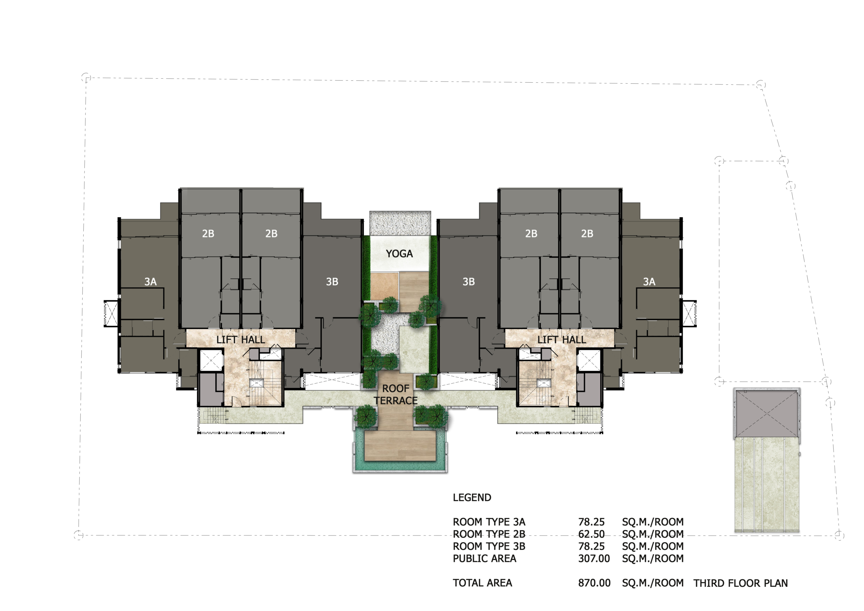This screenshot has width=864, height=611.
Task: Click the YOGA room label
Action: click(399, 254)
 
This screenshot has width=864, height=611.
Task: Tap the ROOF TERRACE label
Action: click(396, 395)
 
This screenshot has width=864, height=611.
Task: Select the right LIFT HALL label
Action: click(562, 340)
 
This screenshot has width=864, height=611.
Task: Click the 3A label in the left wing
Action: click(151, 281)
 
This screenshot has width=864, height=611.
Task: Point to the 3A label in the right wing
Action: click(649, 281)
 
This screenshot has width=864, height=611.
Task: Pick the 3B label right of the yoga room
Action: click(468, 281)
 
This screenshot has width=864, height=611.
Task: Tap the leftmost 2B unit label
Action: click(208, 234)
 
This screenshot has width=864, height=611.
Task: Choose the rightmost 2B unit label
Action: click(587, 234)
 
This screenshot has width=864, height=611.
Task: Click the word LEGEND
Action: click(472, 497)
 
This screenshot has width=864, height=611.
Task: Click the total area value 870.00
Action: click(595, 583)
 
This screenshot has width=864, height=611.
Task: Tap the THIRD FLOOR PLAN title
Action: click(740, 583)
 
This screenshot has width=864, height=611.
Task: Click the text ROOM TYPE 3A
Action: click(489, 522)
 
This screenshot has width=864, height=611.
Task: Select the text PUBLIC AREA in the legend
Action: click(485, 558)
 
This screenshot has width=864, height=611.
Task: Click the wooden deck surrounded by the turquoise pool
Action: click(400, 446)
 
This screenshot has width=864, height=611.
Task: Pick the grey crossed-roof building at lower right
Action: click(766, 414)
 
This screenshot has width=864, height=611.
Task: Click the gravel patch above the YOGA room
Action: click(400, 223)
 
